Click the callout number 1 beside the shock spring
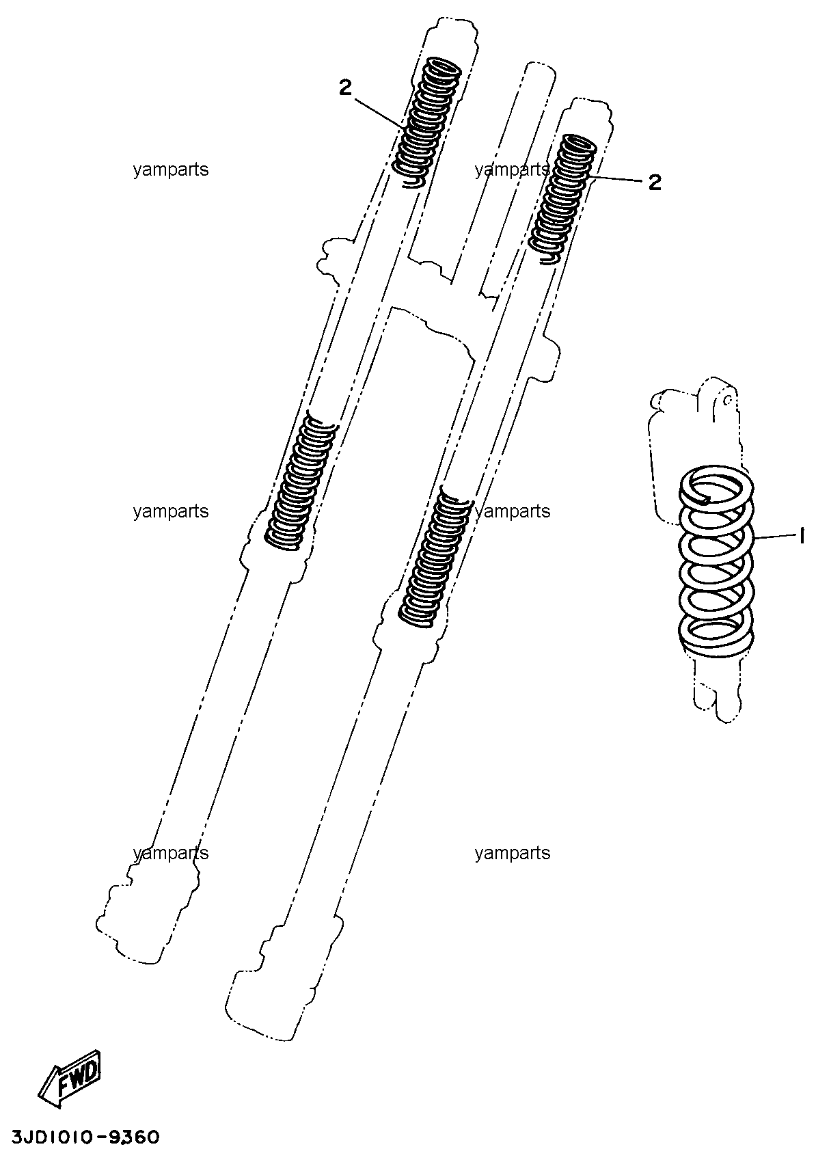[802, 536]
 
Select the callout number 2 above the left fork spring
[346, 87]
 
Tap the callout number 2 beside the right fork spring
[655, 183]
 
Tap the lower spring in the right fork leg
[435, 558]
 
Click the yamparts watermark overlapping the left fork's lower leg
[171, 853]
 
